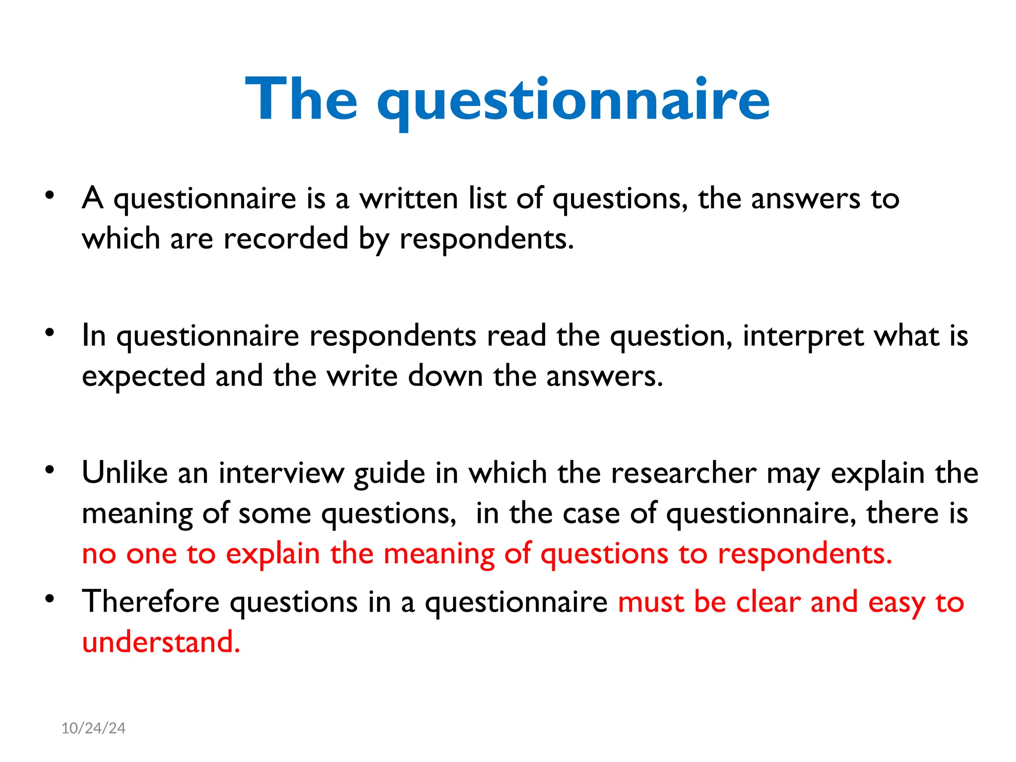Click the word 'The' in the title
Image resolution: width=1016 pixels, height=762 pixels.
pos(301,99)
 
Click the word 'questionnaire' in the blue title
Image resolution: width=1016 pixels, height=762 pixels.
pos(573,102)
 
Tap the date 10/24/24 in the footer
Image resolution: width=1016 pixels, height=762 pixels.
pos(93,728)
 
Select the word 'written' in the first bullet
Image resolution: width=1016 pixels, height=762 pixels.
pos(409,198)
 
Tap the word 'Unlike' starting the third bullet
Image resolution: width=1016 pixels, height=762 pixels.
pos(125,472)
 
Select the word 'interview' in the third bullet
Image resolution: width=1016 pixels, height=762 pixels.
pos(281,472)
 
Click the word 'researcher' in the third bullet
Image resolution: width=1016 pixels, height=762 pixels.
pos(684,472)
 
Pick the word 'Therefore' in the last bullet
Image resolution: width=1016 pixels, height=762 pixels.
pos(150,602)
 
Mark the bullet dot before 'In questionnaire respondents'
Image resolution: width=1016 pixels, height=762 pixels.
pos(49,332)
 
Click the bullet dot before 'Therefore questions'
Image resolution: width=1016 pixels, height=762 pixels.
pos(49,598)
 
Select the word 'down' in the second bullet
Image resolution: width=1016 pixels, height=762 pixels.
pos(445,376)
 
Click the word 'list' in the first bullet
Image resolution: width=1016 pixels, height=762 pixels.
pos(487,198)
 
